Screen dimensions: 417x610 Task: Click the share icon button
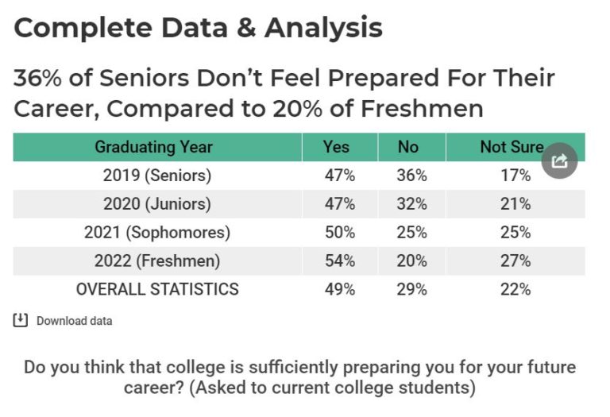559,162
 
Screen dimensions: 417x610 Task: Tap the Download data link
74,321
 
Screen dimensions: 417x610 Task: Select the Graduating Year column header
153,147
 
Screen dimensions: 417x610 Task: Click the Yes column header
336,147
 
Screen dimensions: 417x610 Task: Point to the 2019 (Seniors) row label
157,176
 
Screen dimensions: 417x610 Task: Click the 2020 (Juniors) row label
157,204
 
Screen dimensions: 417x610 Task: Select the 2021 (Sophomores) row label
157,233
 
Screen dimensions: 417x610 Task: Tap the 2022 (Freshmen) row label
157,261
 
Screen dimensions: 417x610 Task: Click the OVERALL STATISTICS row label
157,289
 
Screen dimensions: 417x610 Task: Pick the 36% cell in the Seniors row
411,176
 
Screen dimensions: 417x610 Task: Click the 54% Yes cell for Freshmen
339,261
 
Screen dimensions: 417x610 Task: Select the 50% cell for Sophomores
339,233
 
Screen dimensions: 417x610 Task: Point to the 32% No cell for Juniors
411,204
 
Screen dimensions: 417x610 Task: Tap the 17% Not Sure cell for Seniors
515,176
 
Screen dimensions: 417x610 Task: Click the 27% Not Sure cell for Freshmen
515,261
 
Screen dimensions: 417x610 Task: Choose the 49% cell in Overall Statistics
339,289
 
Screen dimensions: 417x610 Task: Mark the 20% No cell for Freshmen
411,261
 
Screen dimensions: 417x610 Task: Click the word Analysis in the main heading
323,29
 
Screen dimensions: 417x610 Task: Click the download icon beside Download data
21,320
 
